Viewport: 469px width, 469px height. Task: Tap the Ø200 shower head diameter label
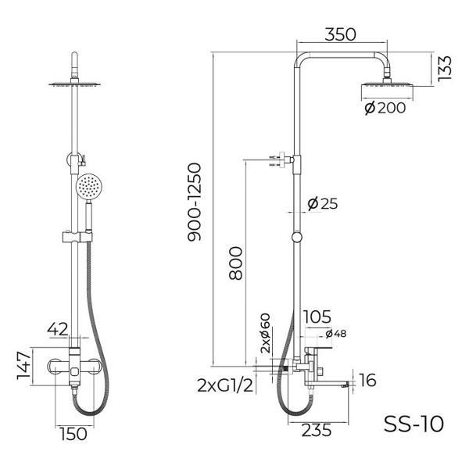(385, 109)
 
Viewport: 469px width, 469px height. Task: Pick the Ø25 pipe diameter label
(322, 203)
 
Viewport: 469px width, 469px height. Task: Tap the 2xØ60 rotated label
(265, 334)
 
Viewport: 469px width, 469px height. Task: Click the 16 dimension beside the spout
(368, 381)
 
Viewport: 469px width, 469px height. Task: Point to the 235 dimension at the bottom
(317, 430)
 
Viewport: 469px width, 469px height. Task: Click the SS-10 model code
(414, 424)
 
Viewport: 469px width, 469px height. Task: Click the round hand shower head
(89, 188)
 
